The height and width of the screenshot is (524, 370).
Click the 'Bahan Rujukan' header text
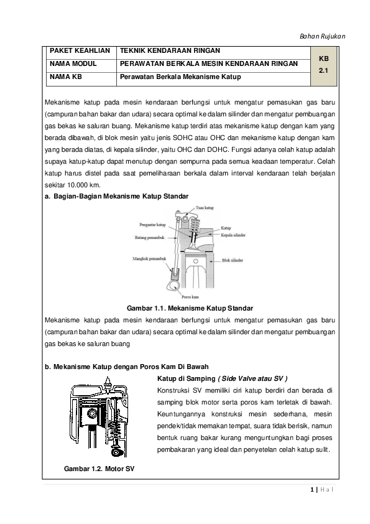coord(323,35)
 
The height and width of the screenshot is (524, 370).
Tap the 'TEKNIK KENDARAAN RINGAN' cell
coord(169,50)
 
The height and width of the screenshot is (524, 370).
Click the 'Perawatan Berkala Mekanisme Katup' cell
coord(180,78)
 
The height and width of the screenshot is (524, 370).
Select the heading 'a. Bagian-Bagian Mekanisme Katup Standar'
coord(117,196)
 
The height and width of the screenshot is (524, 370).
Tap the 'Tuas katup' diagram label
coord(206,207)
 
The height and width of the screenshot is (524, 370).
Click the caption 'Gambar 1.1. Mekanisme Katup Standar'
coord(190,308)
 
